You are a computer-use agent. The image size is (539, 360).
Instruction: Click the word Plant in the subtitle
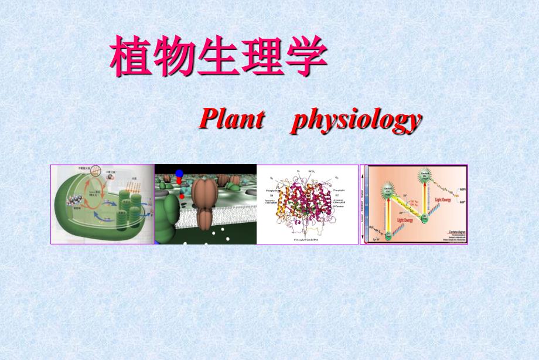click(231, 119)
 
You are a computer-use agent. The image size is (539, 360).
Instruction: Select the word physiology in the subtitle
click(356, 120)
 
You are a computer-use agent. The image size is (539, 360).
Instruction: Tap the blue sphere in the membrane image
click(179, 173)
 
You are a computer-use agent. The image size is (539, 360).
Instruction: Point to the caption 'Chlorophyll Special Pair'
click(307, 240)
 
